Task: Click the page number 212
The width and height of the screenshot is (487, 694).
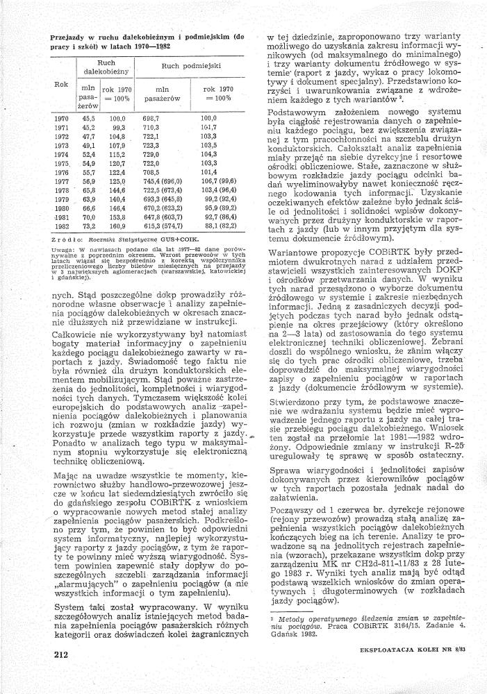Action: click(59, 654)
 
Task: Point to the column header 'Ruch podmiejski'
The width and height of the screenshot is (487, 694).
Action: click(191, 66)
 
